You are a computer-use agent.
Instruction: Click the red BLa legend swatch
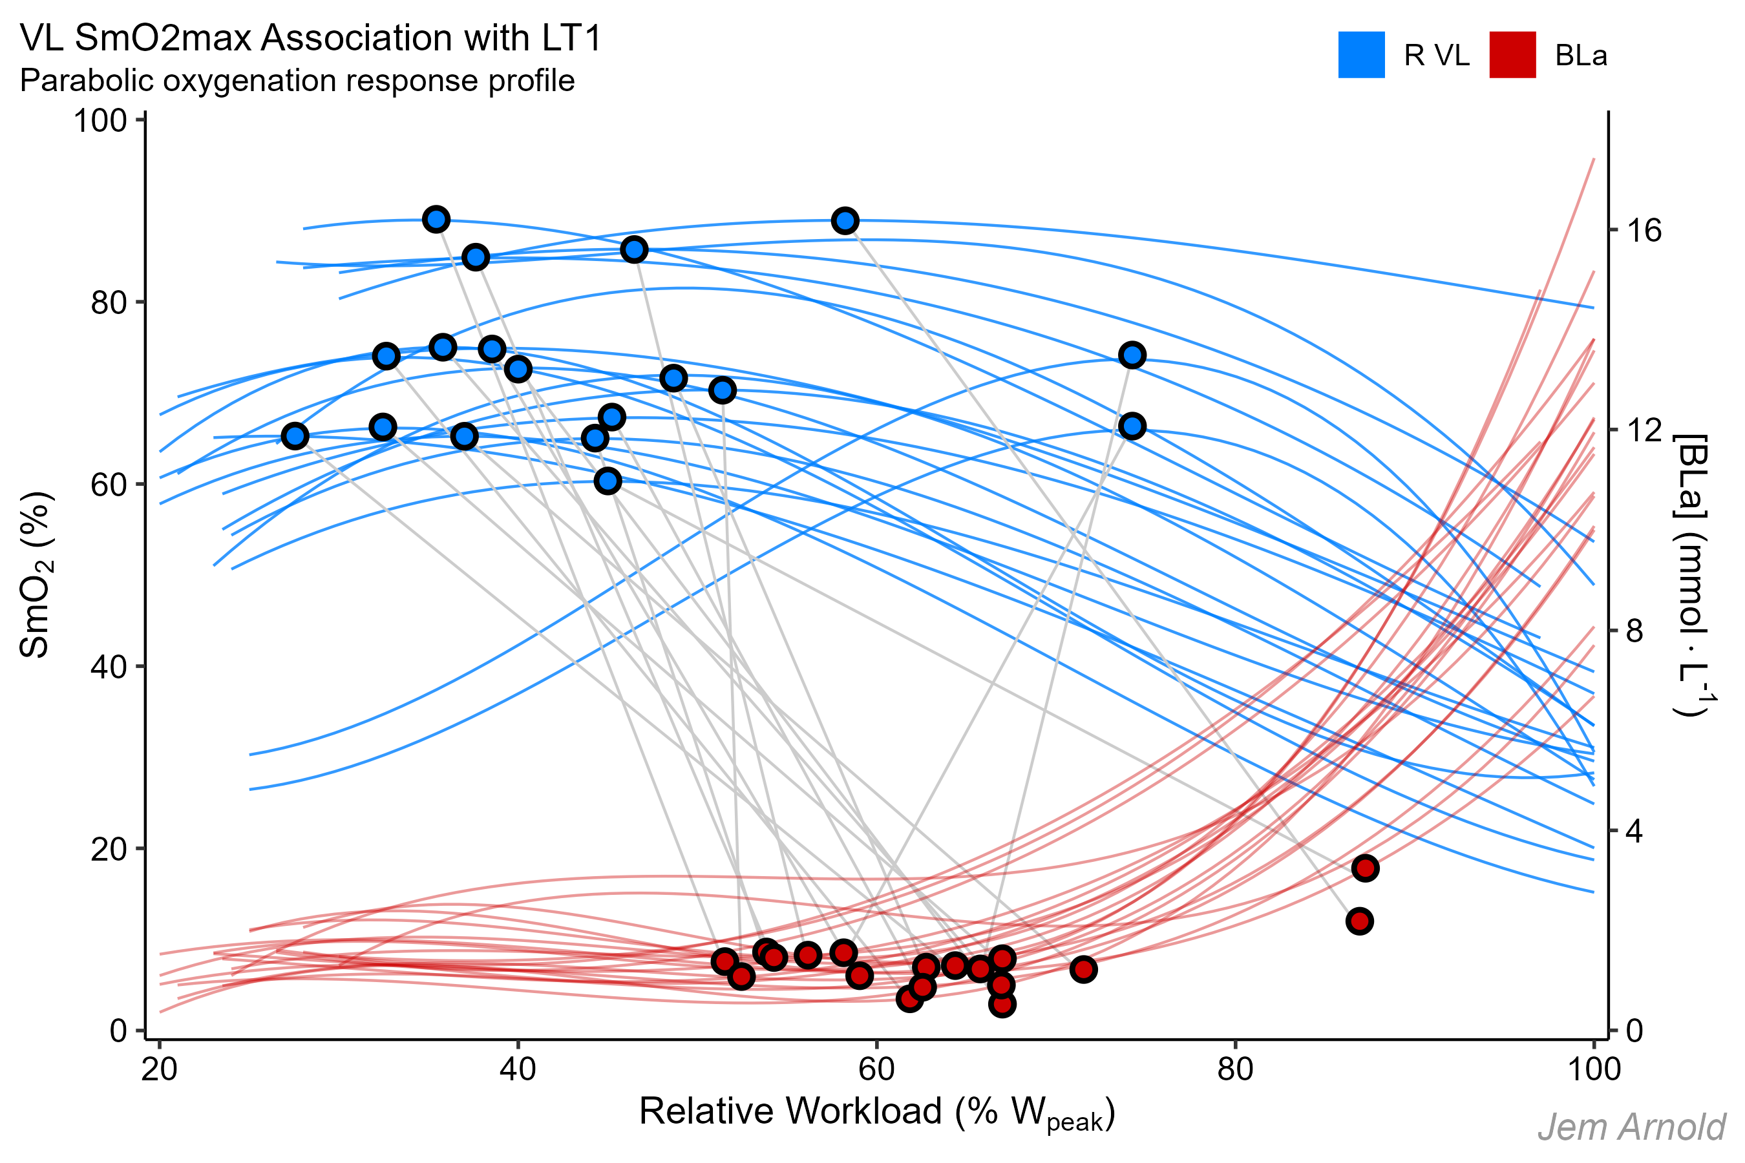point(1512,55)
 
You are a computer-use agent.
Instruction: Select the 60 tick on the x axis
point(876,1069)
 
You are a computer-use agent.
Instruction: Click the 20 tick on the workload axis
point(159,1069)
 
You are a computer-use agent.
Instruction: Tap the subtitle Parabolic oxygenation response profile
point(297,81)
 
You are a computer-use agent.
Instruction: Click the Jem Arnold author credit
point(1631,1127)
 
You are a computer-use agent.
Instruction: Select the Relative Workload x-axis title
point(876,1113)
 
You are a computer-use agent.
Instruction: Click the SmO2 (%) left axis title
point(36,575)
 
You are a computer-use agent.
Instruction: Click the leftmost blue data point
point(295,436)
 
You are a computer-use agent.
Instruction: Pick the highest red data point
point(1365,868)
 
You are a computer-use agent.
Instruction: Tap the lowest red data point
point(1002,1004)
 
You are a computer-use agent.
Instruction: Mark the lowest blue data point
point(608,481)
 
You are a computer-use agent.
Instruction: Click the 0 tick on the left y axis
point(117,1031)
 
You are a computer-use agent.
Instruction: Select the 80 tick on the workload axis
point(1235,1069)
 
